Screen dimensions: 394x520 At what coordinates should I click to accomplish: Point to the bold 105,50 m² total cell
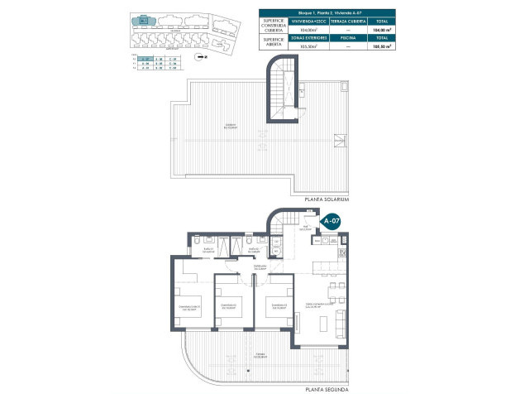point(381,47)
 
